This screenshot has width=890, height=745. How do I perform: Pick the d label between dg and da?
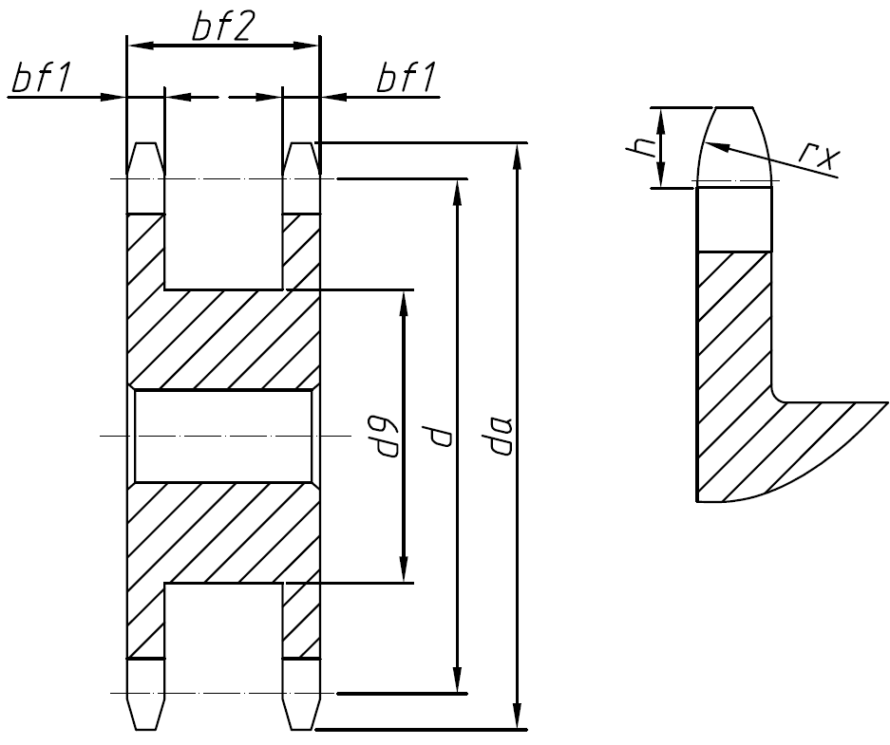click(x=440, y=436)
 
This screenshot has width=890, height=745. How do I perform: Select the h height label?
click(x=642, y=147)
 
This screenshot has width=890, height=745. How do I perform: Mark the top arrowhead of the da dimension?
click(x=517, y=153)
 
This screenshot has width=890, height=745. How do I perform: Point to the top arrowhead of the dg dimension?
click(x=405, y=300)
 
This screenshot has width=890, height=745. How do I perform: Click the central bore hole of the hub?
click(x=223, y=436)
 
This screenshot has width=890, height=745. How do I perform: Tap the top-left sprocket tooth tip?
click(x=145, y=145)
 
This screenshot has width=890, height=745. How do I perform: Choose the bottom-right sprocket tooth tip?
click(x=301, y=727)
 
